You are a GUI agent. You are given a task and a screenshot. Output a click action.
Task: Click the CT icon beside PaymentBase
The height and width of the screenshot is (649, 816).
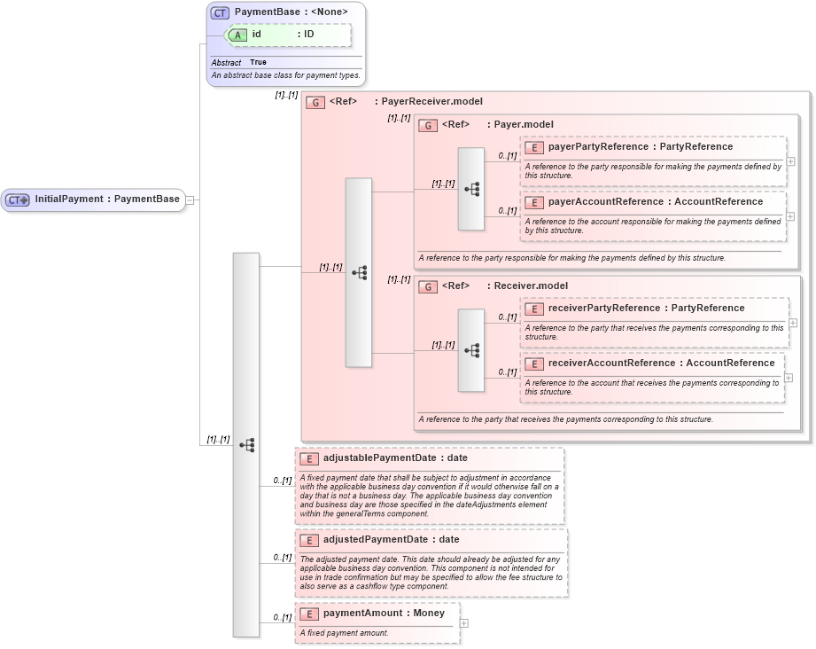[x=221, y=12]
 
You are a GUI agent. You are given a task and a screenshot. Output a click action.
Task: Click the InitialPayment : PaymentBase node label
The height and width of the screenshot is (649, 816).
[x=106, y=199]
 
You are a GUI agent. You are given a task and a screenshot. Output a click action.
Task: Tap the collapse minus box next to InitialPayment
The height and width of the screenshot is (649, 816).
[x=190, y=199]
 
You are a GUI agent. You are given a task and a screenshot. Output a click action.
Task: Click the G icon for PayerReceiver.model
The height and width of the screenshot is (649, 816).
[x=315, y=102]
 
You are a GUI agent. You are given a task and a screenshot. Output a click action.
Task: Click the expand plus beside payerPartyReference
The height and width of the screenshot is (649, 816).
[x=790, y=161]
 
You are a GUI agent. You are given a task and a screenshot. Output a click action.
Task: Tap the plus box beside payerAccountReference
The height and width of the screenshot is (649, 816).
[x=790, y=216]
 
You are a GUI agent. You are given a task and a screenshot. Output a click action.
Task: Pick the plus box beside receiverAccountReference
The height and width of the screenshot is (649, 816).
[x=789, y=377]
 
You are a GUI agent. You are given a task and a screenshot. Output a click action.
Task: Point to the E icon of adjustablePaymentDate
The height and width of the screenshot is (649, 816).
[x=308, y=458]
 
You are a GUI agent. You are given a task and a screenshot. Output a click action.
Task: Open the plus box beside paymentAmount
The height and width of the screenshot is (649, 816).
[x=463, y=623]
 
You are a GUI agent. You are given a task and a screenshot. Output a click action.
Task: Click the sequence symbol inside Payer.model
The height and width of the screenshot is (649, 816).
[x=471, y=189]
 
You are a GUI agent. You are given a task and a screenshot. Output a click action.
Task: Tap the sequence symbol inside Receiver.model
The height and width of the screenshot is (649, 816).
[x=471, y=350]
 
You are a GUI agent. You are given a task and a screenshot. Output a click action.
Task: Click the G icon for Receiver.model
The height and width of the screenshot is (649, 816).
[x=427, y=286]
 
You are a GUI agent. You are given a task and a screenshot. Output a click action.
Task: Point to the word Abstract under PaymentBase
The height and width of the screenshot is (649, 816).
[x=226, y=63]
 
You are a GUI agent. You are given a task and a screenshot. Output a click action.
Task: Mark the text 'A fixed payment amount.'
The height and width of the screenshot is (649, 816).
[x=344, y=633]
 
